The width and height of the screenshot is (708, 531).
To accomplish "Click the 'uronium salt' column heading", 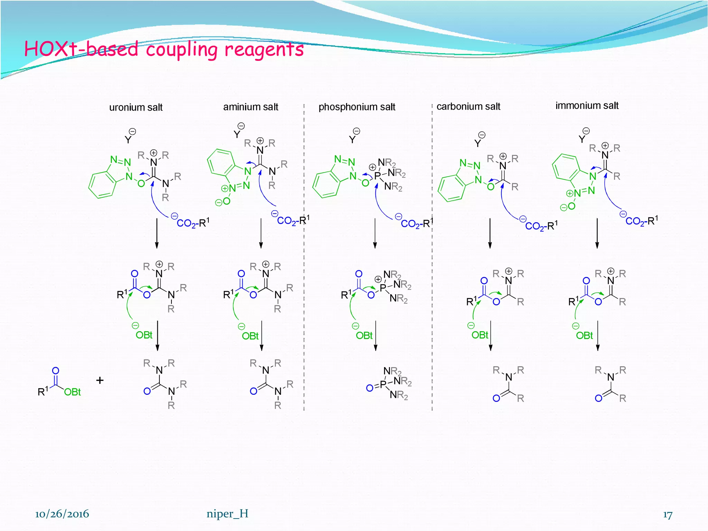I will pyautogui.click(x=136, y=108).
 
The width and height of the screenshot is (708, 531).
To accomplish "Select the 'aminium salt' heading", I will pyautogui.click(x=251, y=107).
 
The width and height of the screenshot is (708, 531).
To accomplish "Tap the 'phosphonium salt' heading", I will pyautogui.click(x=357, y=107).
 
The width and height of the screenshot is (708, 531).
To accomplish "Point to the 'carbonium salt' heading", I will pyautogui.click(x=468, y=106).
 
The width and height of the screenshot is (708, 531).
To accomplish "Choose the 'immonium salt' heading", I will pyautogui.click(x=587, y=106).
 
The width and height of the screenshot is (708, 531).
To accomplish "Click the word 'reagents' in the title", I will pyautogui.click(x=264, y=49).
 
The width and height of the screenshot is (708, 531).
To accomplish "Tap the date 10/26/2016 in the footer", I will pyautogui.click(x=62, y=514).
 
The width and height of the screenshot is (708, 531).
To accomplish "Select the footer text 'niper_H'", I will pyautogui.click(x=227, y=514).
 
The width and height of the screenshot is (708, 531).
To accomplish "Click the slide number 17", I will pyautogui.click(x=668, y=515).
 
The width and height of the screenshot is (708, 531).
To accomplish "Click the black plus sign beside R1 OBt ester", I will pyautogui.click(x=100, y=380).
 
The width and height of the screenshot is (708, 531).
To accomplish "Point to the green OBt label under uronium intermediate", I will pyautogui.click(x=144, y=335).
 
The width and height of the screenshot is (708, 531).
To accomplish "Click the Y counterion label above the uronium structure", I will pyautogui.click(x=128, y=139).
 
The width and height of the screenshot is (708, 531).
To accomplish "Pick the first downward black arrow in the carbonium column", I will pyautogui.click(x=490, y=233).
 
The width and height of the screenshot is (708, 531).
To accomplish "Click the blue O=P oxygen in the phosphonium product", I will pyautogui.click(x=370, y=388).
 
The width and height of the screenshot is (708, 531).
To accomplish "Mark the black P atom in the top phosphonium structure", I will pyautogui.click(x=377, y=176).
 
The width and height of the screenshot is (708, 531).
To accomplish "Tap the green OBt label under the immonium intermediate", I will pyautogui.click(x=584, y=335).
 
